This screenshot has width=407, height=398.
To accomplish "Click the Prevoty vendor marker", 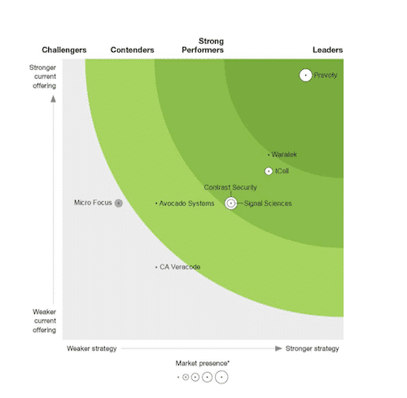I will pyautogui.click(x=306, y=76).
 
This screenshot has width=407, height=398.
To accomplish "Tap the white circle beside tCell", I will pyautogui.click(x=269, y=171).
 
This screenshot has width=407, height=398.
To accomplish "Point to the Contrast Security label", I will pyautogui.click(x=230, y=187).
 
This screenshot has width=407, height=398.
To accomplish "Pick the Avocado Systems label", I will pyautogui.click(x=186, y=203).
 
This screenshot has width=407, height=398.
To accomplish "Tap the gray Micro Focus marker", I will pyautogui.click(x=118, y=203).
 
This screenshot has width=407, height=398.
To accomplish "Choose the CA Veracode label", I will pyautogui.click(x=180, y=267).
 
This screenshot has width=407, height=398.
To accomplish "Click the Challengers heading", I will pyautogui.click(x=64, y=50).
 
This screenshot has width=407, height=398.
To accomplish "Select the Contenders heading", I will pyautogui.click(x=132, y=50).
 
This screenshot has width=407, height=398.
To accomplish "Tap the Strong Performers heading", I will pyautogui.click(x=212, y=46).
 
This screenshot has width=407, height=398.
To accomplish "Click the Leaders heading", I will pyautogui.click(x=327, y=50).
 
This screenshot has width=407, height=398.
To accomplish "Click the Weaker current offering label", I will pyautogui.click(x=44, y=321).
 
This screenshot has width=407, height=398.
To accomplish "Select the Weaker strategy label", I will pyautogui.click(x=91, y=348).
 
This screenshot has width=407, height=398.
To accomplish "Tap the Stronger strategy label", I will pyautogui.click(x=312, y=348).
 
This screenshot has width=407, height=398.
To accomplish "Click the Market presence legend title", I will pyautogui.click(x=202, y=363).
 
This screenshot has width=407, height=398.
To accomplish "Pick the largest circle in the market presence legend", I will pyautogui.click(x=221, y=377).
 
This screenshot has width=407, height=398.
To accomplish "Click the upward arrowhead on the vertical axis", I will pyautogui.click(x=54, y=99).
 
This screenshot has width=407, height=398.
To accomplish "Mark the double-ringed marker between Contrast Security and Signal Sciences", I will pyautogui.click(x=231, y=203).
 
